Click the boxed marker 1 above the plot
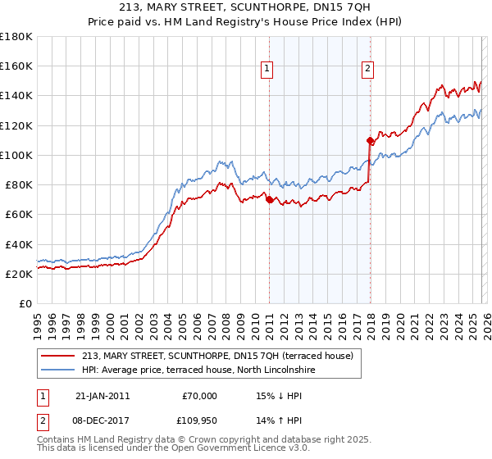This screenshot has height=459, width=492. (268, 69)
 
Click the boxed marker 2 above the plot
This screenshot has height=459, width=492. (368, 69)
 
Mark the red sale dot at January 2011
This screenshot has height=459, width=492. (269, 200)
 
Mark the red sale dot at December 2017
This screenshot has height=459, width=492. (370, 140)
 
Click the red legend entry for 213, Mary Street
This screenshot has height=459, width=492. (217, 356)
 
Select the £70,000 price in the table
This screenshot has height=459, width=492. (199, 396)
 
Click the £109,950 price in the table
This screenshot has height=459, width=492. (197, 422)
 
